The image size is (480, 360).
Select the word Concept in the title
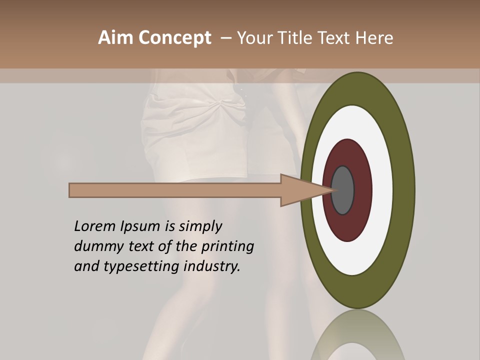point(174,38)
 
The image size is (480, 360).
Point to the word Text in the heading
point(335,37)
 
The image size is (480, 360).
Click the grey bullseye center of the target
point(342,190)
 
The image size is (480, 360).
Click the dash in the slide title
point(225,38)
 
